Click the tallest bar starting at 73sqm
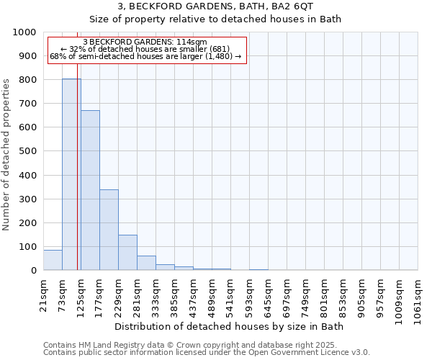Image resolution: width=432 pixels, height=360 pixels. (71, 174)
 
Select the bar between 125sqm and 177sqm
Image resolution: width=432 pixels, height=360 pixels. (90, 190)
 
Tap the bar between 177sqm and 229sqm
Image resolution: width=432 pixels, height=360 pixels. (109, 230)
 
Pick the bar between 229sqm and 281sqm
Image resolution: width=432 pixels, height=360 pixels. (127, 253)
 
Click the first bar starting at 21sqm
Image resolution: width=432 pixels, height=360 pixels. (53, 260)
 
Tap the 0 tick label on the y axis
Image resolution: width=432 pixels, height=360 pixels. (34, 271)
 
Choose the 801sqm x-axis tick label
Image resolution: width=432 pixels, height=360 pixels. (325, 294)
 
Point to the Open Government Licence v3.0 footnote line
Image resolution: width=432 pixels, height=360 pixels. (207, 353)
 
